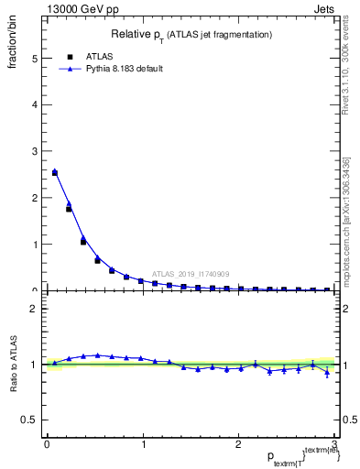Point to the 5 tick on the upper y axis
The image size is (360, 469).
coord(35,58)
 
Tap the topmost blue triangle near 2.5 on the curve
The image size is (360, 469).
coord(55,171)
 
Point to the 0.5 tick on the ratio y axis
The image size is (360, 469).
coord(30,420)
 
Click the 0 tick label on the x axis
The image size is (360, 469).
coord(47,443)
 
